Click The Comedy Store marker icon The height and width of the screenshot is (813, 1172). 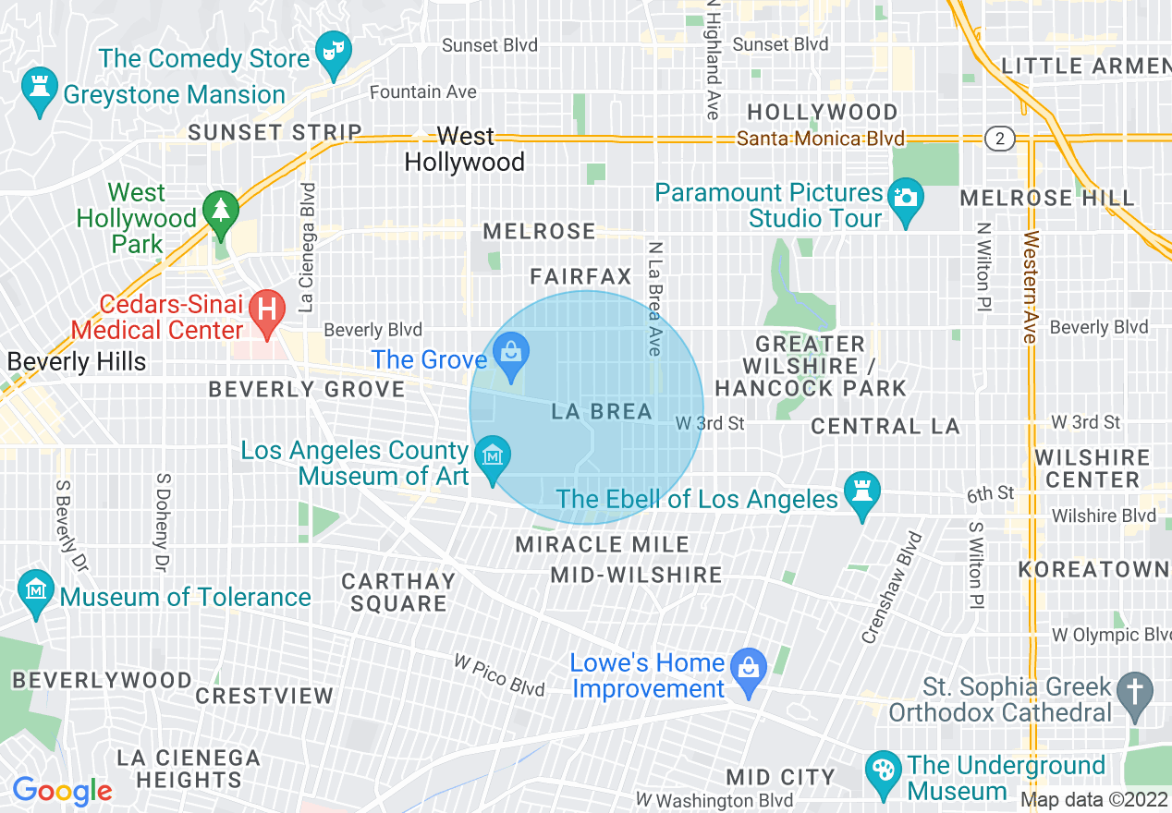pos(331,46)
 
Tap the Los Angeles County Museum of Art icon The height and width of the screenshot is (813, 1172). pos(492,455)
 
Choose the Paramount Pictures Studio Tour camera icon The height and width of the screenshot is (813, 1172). pos(905,198)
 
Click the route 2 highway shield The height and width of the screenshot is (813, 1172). pos(999,140)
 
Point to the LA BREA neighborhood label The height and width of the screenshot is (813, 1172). pos(602,412)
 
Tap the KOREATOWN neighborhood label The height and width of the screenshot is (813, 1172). pos(1093,569)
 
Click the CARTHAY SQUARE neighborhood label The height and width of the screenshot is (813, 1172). pos(398,592)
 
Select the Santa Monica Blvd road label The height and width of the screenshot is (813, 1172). pos(821,140)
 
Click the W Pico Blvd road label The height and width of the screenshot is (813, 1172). pos(499,675)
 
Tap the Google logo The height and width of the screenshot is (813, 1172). pos(62,791)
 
